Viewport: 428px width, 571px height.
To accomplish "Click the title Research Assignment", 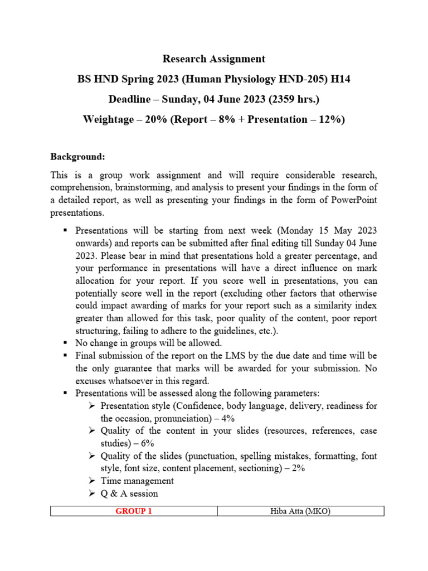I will [213, 59].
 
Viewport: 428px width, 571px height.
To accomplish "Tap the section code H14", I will [341, 79].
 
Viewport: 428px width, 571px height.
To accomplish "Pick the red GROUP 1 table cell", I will [134, 511].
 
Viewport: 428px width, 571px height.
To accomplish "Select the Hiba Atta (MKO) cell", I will [300, 511].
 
